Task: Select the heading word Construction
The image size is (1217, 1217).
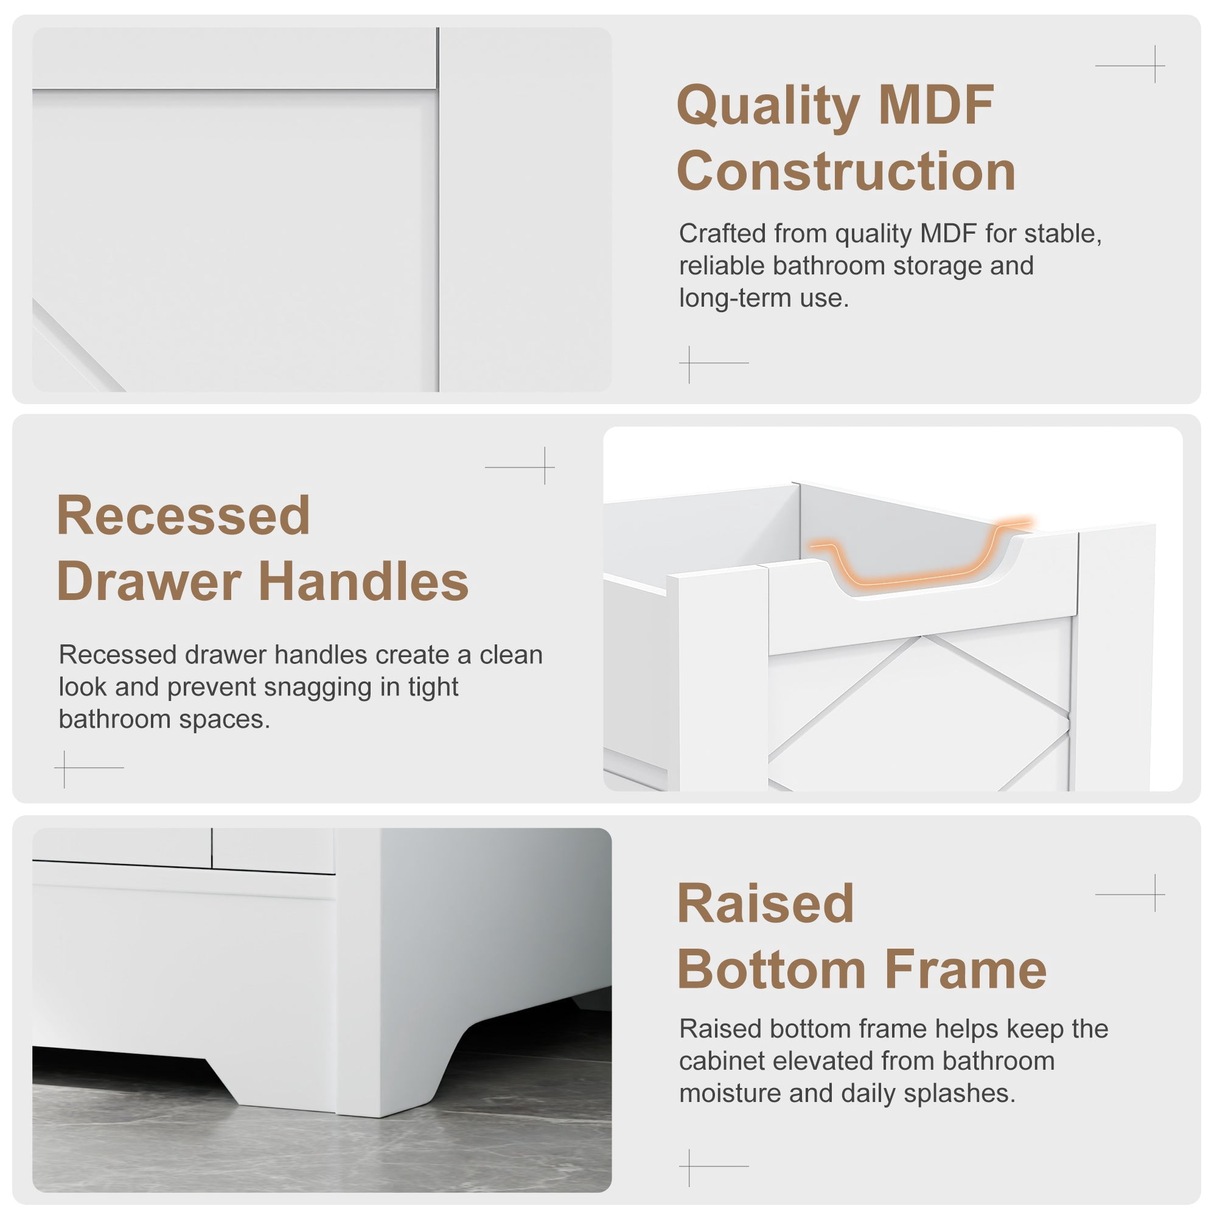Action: click(x=846, y=171)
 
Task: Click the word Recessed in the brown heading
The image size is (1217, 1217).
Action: click(x=183, y=515)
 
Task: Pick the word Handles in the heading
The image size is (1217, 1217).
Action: click(x=363, y=581)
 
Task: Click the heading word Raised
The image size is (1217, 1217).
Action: click(x=765, y=902)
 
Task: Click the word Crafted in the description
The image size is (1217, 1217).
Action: click(x=722, y=234)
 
